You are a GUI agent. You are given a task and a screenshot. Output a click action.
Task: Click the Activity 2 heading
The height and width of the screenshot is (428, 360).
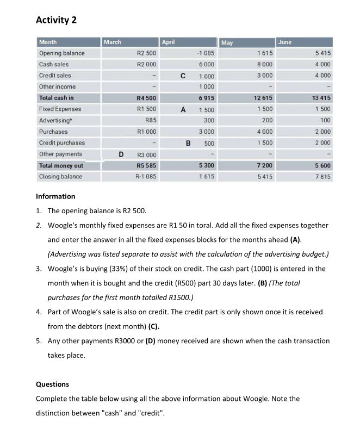coord(56,20)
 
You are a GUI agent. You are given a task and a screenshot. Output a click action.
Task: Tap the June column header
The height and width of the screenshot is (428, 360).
coord(284,42)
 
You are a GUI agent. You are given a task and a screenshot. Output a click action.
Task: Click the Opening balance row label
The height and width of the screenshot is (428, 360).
coord(61,53)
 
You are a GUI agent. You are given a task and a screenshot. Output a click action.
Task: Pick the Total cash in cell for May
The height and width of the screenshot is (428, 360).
coord(263,98)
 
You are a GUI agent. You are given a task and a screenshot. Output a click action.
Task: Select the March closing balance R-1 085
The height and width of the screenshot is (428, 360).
coord(146,177)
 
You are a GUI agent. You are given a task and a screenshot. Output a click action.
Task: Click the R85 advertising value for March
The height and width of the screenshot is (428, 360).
coord(150,120)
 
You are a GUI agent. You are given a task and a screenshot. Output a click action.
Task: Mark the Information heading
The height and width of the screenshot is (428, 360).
coord(55,196)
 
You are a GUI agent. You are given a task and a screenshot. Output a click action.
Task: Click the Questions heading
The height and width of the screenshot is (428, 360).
coord(52,384)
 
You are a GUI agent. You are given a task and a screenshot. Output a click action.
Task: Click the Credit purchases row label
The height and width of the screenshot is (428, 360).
coord(61,143)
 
